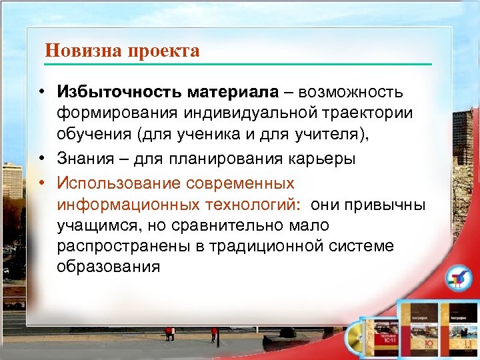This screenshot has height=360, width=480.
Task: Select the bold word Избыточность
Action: [118, 91]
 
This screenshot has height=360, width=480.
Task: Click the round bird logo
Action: [457, 279]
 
